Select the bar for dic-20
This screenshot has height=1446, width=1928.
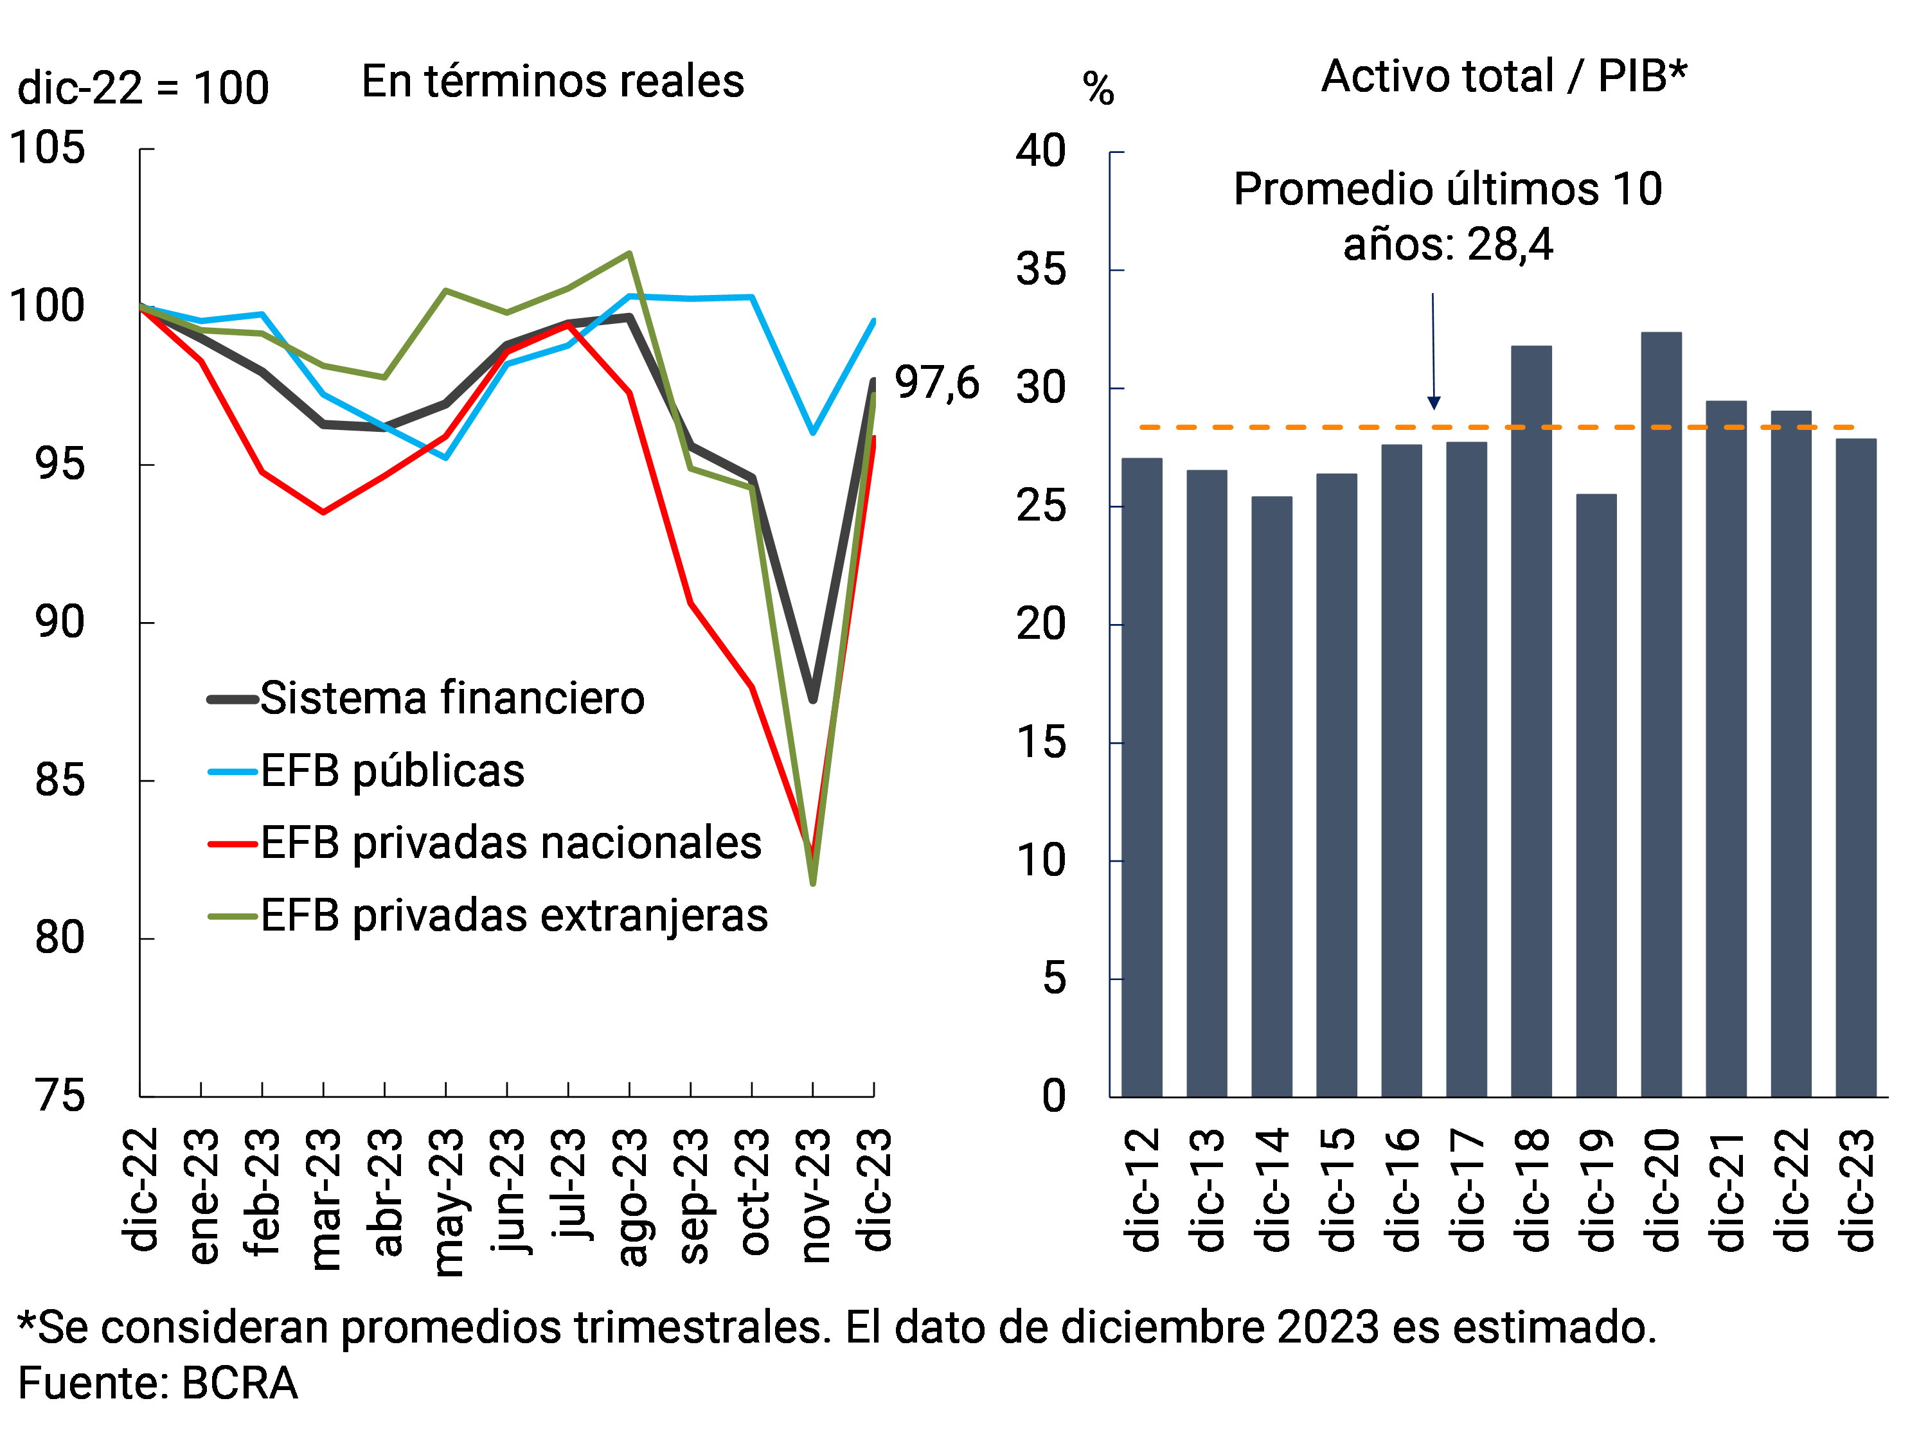(x=1661, y=714)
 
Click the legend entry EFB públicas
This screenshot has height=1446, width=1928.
(x=392, y=771)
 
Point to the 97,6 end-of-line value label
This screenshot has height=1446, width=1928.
(x=937, y=384)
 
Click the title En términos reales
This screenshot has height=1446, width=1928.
(x=553, y=82)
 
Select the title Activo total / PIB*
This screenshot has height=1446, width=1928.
(x=1504, y=76)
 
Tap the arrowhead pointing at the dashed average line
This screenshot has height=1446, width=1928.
(x=1434, y=403)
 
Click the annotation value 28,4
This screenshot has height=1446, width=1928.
(x=1510, y=245)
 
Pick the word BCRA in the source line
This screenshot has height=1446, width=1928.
(x=240, y=1383)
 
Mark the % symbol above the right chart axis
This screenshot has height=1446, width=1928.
(x=1098, y=89)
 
